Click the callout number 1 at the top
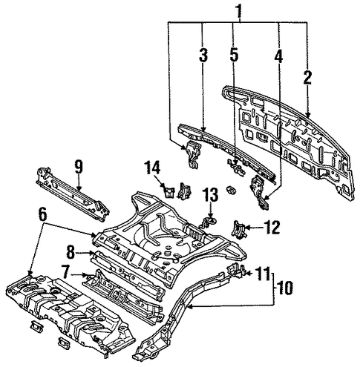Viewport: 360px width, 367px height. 238,11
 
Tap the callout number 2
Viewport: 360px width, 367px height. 307,77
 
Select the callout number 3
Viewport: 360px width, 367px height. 203,55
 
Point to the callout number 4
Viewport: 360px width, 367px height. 278,56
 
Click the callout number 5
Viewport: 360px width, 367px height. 234,55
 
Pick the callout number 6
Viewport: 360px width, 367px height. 42,215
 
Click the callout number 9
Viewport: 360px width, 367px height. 79,167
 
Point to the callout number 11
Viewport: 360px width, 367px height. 263,273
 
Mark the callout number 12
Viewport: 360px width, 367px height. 271,227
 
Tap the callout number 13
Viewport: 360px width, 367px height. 210,195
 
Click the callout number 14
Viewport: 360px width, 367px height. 153,168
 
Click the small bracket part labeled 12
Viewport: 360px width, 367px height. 238,229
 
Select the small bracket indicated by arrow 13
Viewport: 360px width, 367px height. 207,222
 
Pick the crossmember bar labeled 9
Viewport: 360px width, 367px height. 73,194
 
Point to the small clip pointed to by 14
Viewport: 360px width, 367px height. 169,192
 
